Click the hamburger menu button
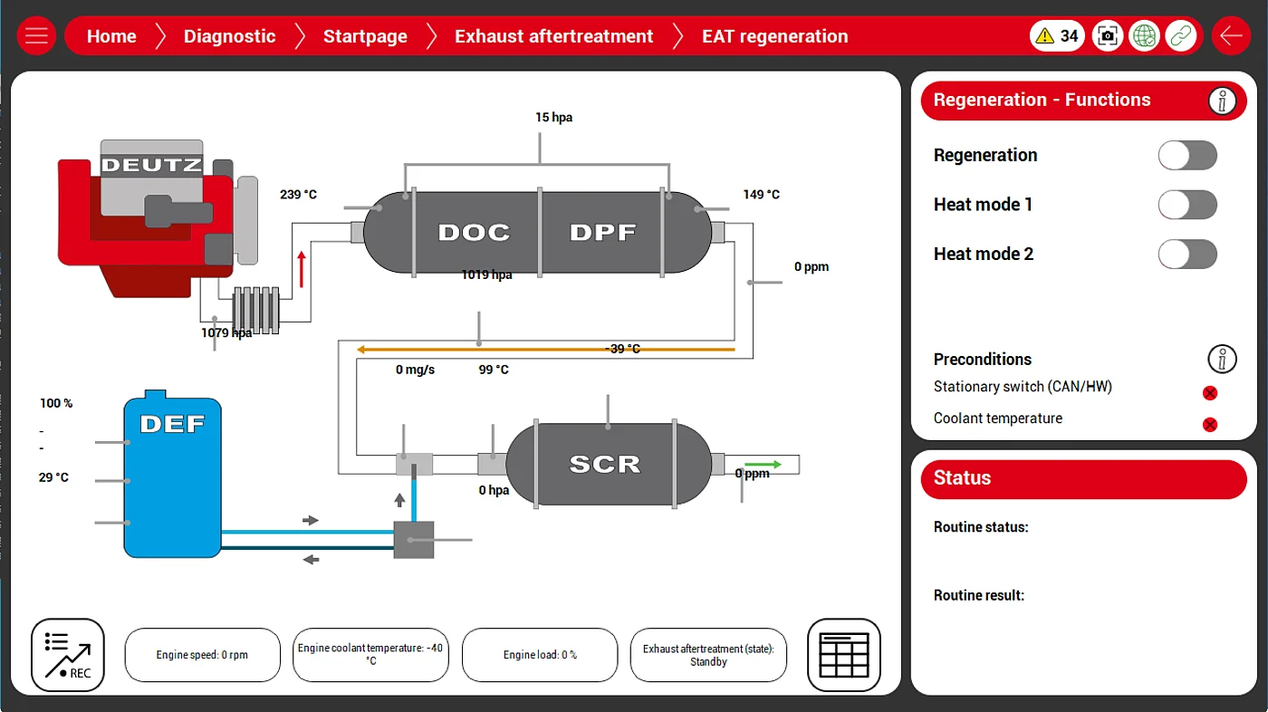point(36,36)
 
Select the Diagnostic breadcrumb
point(229,36)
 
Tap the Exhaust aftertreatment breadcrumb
point(553,36)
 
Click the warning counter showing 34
point(1057,36)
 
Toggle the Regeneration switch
point(1186,155)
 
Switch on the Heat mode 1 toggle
point(1186,205)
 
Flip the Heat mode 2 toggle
point(1186,255)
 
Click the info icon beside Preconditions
point(1222,359)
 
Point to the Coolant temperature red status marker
point(1209,424)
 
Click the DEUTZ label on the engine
point(150,165)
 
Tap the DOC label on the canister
point(474,233)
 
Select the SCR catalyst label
point(604,465)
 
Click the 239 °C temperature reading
point(298,195)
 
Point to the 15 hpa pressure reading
point(553,118)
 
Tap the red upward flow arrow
point(302,269)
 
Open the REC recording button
point(68,655)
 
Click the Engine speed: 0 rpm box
point(202,655)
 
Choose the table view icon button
point(843,655)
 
